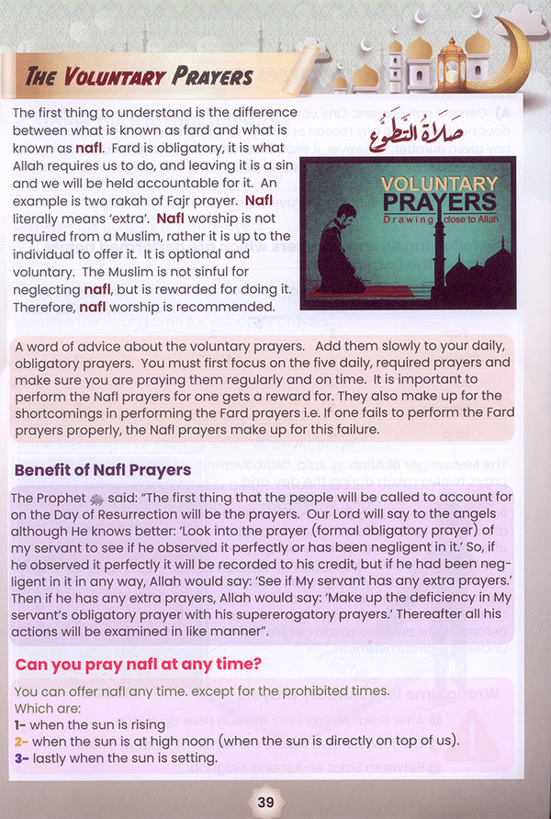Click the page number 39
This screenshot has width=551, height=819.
pos(266,802)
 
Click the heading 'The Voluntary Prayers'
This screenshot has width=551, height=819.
pos(140,77)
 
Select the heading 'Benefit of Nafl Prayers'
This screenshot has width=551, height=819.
pos(103,470)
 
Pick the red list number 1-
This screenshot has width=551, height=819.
pos(20,724)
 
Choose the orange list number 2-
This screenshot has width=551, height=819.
pos(20,741)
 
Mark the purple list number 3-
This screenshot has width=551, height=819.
pos(20,757)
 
